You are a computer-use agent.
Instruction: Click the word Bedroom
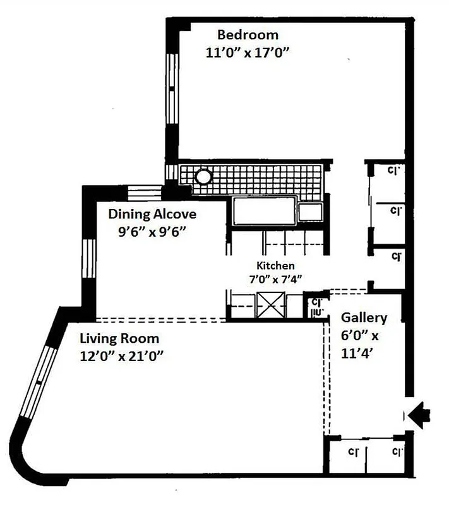248,35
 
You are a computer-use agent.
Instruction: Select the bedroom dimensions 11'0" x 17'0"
248,53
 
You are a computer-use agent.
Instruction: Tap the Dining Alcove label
152,213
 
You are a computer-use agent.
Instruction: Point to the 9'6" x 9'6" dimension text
152,231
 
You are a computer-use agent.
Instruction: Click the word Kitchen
275,266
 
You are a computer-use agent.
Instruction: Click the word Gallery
364,318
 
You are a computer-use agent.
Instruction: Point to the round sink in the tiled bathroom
203,176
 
